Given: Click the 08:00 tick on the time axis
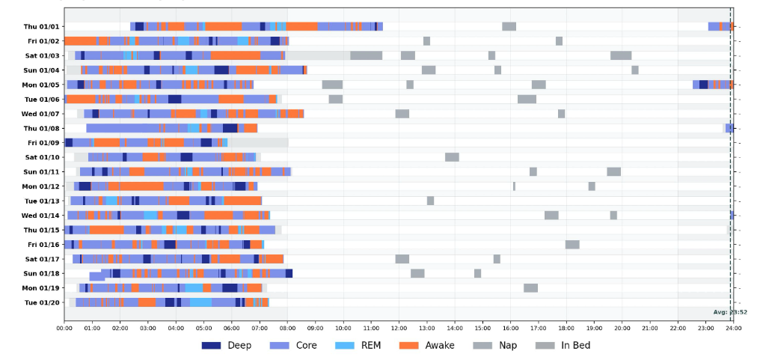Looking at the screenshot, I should tap(288, 327).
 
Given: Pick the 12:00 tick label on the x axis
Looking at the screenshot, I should tap(399, 327).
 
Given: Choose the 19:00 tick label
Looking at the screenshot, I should tap(594, 327).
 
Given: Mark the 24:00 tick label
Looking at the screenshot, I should tap(733, 327).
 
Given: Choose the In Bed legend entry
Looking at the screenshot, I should tap(563, 345).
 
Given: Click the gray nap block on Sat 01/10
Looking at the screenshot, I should tap(452, 157).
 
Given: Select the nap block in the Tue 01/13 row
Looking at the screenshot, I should tap(430, 201).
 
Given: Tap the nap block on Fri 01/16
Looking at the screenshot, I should tap(572, 244).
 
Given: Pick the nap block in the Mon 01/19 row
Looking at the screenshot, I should tap(530, 288).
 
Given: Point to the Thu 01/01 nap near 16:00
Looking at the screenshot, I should tap(509, 26).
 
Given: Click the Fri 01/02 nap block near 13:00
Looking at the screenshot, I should tap(426, 41).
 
